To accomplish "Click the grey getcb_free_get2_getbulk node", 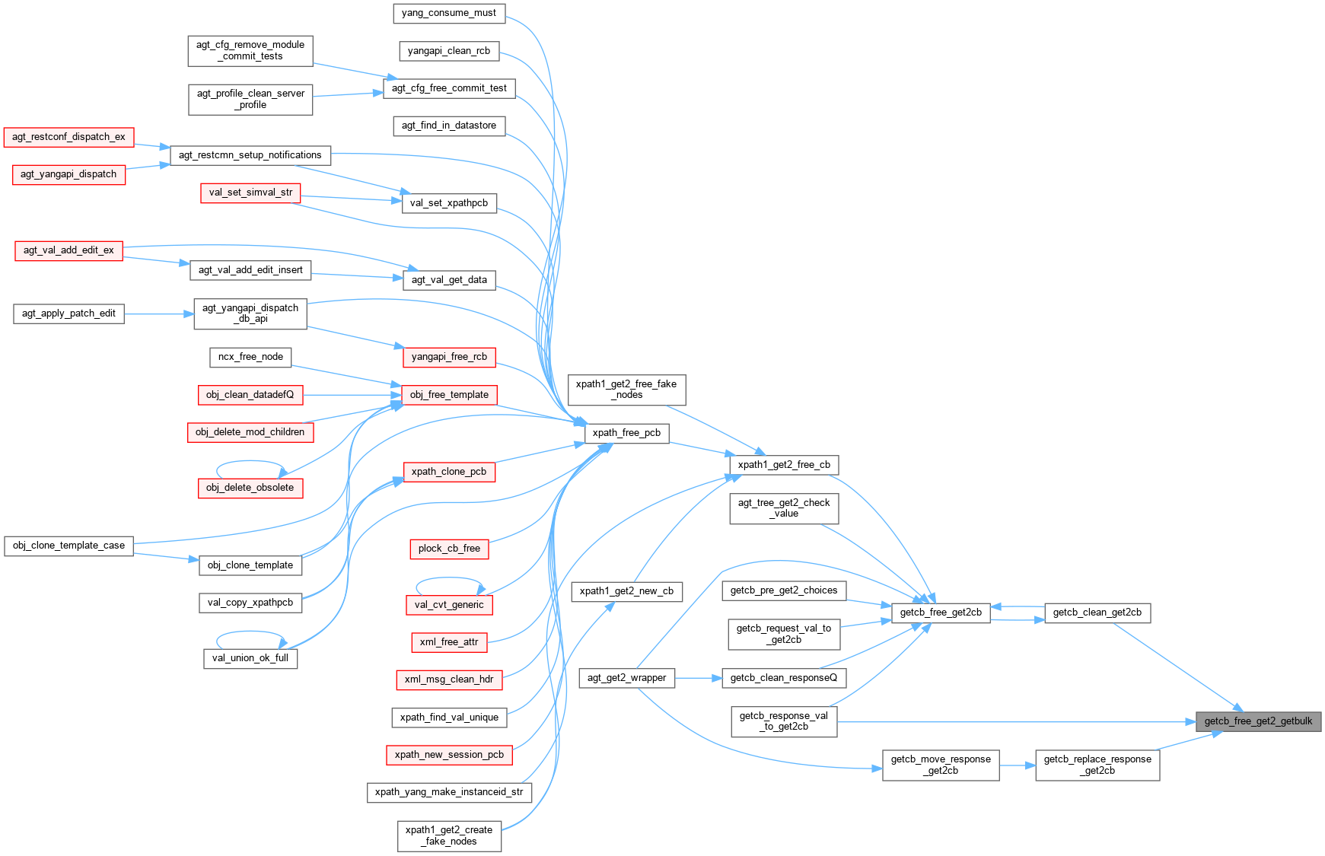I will pos(1258,721).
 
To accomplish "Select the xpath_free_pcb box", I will pos(626,433).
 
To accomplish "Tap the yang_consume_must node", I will pos(448,13).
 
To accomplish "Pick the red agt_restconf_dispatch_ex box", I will pos(68,137).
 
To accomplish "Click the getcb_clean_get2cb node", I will pos(1097,613).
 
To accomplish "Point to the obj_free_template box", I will pos(449,395).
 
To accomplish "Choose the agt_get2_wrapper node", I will pos(626,678).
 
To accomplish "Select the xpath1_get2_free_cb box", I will pos(784,465).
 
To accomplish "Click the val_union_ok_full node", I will pos(250,658).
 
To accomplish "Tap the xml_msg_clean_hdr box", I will pos(449,679).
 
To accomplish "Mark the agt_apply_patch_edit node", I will pos(68,313).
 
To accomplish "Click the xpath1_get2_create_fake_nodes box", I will pos(449,835).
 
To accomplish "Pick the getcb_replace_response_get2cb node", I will pos(1097,765).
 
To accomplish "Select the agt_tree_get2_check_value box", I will pos(784,508).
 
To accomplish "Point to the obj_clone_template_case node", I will pos(68,546).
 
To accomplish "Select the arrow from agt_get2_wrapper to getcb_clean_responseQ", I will pos(698,677).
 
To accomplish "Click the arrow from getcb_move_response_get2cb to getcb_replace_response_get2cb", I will pos(1017,765).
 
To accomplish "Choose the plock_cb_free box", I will pos(449,549).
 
